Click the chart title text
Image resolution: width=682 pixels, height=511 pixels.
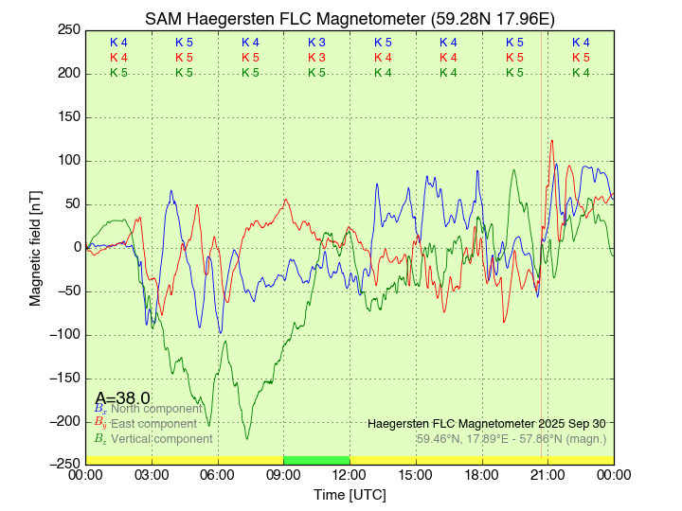click(x=349, y=19)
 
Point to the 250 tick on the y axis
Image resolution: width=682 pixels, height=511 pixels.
click(x=68, y=29)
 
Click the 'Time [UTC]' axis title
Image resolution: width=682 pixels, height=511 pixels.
click(x=350, y=495)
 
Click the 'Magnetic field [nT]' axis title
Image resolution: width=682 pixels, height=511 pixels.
click(x=36, y=247)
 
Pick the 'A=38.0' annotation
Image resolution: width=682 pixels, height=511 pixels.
click(x=122, y=398)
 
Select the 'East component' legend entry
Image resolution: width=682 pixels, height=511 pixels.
click(x=153, y=424)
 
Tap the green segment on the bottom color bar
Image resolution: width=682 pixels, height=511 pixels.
click(x=316, y=460)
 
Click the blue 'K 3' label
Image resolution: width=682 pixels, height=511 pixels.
click(x=316, y=43)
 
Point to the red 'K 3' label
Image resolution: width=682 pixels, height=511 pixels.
click(x=316, y=58)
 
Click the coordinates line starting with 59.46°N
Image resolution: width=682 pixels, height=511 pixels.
click(x=511, y=439)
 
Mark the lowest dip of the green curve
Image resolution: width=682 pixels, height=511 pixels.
click(x=247, y=438)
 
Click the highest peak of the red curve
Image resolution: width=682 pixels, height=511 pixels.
click(x=551, y=141)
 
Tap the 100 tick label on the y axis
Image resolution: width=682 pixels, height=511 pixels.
click(x=68, y=160)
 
